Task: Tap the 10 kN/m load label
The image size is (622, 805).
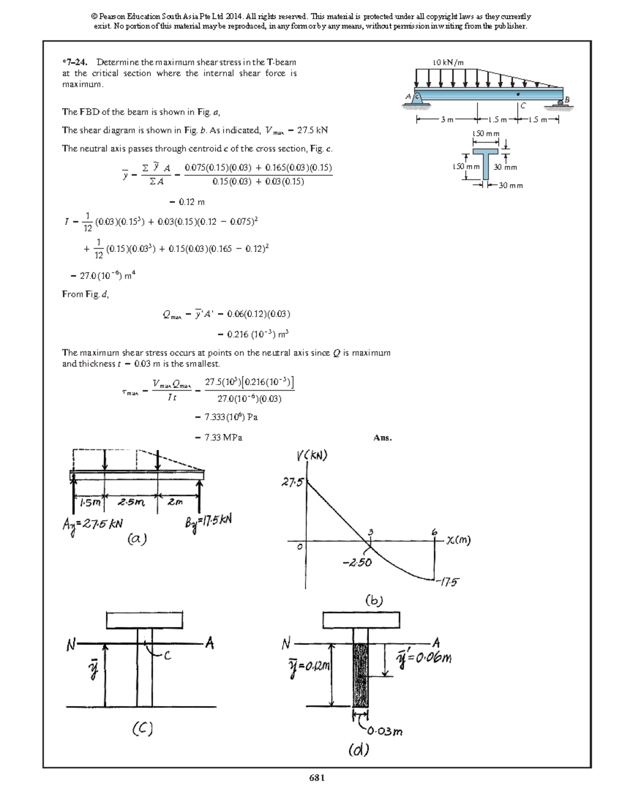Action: pos(448,63)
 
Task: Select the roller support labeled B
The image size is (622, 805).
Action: pos(561,102)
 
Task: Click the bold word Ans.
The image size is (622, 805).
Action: pos(383,438)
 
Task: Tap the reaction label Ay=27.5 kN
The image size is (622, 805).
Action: pos(92,524)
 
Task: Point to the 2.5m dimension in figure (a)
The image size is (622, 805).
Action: pos(131,502)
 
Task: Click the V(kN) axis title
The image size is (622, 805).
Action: pos(312,456)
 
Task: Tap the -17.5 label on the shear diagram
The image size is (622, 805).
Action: pos(447,582)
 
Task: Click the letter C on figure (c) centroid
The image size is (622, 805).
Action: pos(166,656)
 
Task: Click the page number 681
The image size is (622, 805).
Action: pos(317,778)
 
